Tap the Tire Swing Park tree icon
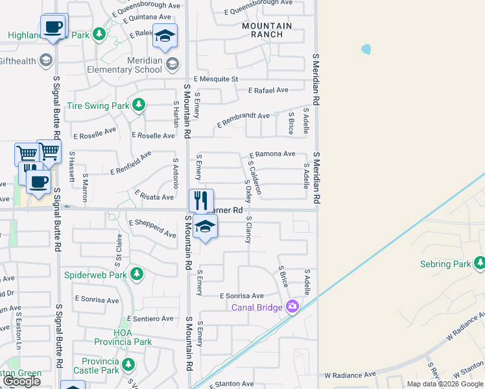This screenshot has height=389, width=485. pos(138,104)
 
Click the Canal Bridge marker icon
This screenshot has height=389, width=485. pos(292,307)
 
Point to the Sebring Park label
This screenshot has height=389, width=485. pos(445,265)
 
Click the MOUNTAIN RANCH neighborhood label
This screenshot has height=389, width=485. pos(266,30)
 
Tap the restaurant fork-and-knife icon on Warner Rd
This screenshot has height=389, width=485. pos(201,200)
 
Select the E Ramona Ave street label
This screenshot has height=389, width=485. pos(272,154)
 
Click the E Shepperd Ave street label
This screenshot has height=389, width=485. pos(152,228)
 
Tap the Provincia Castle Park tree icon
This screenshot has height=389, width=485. pos(129,362)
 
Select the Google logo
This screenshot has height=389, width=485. pos(21,381)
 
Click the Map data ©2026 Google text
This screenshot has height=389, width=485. pos(445,384)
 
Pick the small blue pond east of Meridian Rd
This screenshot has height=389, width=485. pos(367,49)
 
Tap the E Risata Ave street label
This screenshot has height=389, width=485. pos(154,196)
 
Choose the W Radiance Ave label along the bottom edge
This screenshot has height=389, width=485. pos(351,375)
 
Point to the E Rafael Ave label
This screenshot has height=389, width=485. pos(267,91)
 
